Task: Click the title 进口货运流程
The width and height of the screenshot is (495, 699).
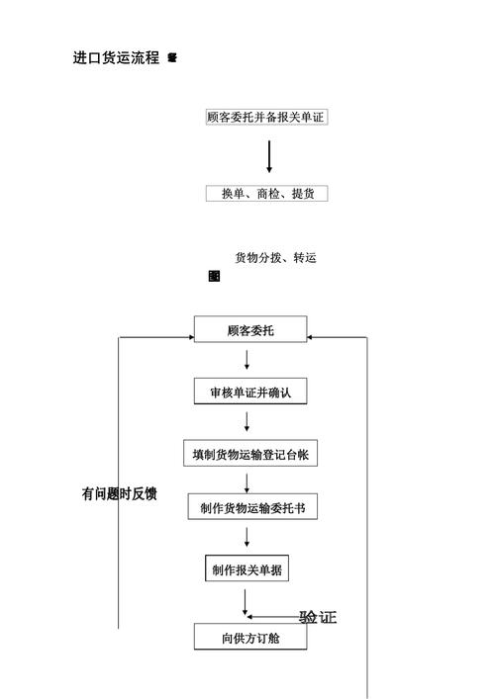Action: [116, 58]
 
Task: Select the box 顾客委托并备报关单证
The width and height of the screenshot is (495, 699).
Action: [265, 117]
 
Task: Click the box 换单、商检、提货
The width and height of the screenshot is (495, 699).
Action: [265, 194]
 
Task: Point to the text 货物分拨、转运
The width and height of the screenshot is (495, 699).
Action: [275, 258]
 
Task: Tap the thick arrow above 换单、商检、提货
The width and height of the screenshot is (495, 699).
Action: [268, 156]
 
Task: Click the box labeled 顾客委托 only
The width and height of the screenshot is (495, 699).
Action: [249, 330]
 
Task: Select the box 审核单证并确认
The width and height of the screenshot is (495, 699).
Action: [249, 392]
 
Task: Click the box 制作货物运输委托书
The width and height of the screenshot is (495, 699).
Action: [251, 508]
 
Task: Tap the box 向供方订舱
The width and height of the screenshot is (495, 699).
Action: [249, 638]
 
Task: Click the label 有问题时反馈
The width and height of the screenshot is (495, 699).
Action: [119, 493]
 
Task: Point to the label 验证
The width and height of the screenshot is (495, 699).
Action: [318, 618]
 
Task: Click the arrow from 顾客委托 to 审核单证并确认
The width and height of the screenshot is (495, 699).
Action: [247, 360]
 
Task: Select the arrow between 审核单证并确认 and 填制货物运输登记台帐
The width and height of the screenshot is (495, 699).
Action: [247, 422]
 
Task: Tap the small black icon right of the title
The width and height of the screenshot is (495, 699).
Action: [172, 58]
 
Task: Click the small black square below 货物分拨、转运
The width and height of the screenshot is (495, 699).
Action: [214, 277]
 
